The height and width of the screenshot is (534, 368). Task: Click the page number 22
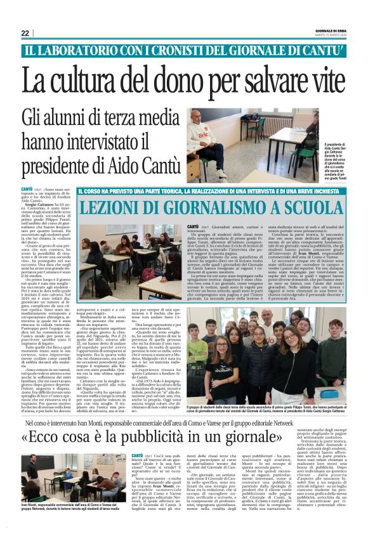tap(25, 32)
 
